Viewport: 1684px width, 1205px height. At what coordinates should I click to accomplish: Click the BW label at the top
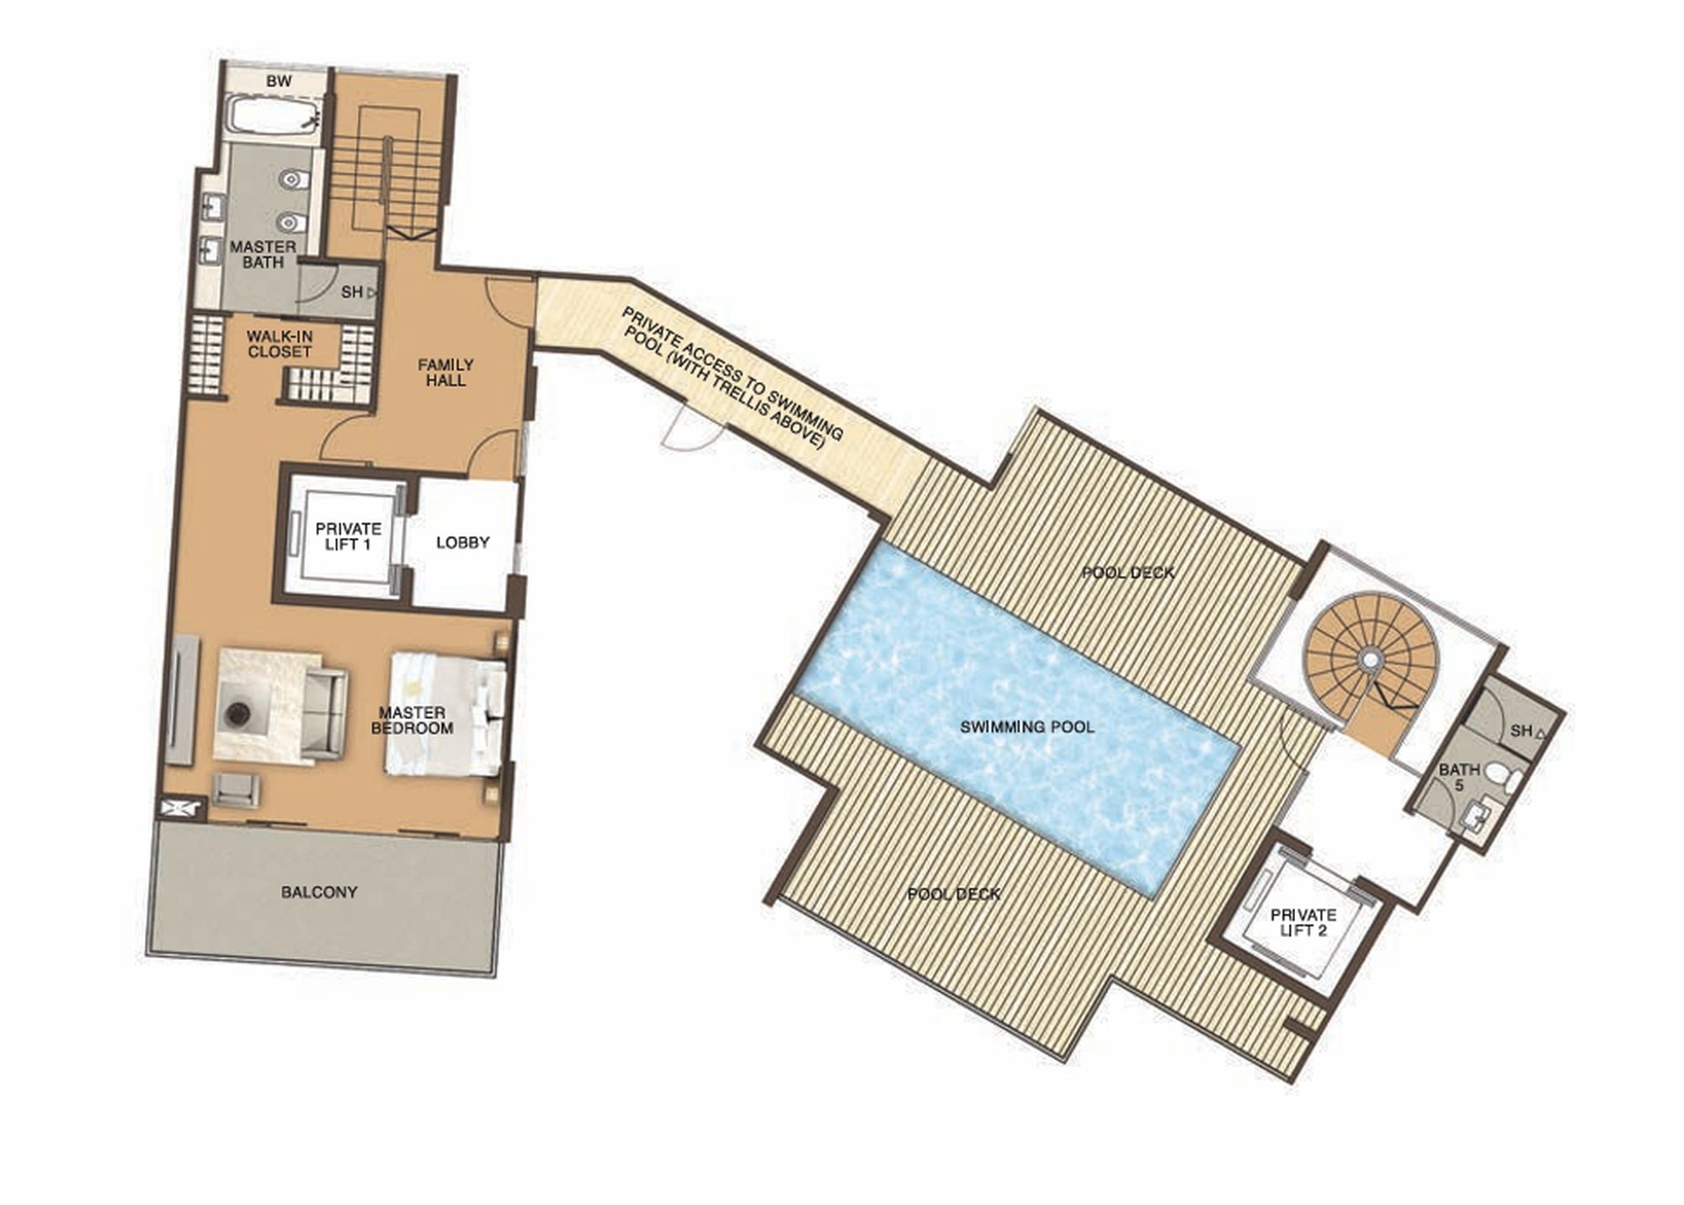coord(278,82)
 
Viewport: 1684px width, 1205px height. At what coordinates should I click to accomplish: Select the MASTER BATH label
coord(263,254)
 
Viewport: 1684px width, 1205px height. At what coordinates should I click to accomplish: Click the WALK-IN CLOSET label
coord(280,344)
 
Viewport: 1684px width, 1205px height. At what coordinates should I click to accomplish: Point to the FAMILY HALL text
coord(445,372)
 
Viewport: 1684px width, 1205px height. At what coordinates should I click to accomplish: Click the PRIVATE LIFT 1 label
coord(348,536)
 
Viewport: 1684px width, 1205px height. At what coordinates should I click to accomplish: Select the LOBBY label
coord(462,542)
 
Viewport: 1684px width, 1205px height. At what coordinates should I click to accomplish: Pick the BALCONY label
coord(319,892)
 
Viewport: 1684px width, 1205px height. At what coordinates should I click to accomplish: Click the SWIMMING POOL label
coord(1027,727)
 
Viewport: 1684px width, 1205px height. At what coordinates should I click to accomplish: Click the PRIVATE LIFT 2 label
coord(1303,922)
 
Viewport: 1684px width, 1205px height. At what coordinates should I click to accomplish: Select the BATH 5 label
coord(1458,776)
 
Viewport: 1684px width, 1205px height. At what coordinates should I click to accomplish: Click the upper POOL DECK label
coord(1127,573)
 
